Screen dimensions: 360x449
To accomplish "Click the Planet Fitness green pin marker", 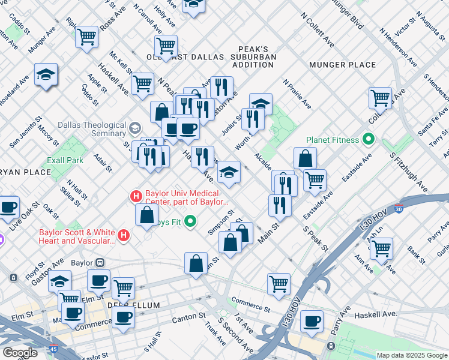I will pos(369,140).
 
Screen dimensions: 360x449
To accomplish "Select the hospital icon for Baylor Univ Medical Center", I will pos(136,196).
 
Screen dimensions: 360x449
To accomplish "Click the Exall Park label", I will pos(65,160).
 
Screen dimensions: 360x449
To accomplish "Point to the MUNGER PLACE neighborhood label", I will pos(342,65).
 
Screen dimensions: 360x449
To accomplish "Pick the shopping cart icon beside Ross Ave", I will pos(87,37).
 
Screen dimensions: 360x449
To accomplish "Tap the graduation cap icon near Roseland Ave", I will pos(46,75).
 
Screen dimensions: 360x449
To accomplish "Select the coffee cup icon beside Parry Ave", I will pos(312,321).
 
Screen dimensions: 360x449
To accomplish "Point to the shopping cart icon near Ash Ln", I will pos(381,248).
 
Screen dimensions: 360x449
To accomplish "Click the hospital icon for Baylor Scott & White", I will pos(124,236).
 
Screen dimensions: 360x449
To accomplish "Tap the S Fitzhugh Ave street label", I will pos(408,172).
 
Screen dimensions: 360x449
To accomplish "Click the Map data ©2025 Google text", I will pos(411,355).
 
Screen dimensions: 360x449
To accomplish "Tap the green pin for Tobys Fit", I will pos(191,222).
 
